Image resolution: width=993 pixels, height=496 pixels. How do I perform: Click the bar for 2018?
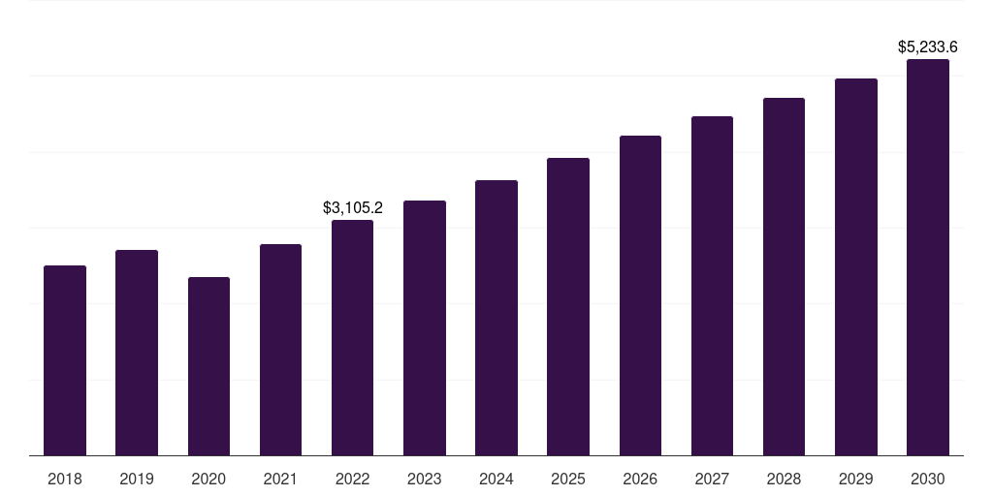point(65,360)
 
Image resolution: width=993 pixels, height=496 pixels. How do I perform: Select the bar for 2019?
point(137,353)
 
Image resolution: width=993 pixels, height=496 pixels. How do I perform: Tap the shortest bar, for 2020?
point(208,366)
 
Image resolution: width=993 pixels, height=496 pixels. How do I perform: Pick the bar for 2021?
point(280,350)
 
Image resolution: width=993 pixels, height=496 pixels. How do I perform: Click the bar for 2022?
point(352,338)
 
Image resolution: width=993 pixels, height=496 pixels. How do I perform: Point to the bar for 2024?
point(496,318)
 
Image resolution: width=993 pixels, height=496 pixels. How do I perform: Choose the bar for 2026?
point(640,295)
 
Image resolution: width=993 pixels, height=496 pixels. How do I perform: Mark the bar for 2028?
point(784,277)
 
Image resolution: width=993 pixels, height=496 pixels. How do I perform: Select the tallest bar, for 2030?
point(928,258)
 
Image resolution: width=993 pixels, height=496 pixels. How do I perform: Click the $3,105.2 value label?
point(353,207)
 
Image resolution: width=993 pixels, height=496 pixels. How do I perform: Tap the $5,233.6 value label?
point(928,46)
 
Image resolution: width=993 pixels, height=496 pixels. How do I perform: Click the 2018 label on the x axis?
point(65,479)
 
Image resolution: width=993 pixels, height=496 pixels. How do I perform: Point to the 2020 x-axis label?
point(208,479)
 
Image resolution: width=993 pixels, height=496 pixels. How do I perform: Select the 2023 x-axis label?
point(425,479)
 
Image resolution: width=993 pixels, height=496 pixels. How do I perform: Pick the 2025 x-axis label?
point(568,479)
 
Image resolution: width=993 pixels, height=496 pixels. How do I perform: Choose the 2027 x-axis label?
point(712,479)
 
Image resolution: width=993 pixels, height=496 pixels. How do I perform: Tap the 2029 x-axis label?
point(855,479)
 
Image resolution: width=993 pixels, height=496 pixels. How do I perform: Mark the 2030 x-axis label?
point(928,479)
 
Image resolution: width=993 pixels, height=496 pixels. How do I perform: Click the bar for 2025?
point(568,307)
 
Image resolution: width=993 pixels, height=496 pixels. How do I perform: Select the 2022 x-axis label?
point(352,479)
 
